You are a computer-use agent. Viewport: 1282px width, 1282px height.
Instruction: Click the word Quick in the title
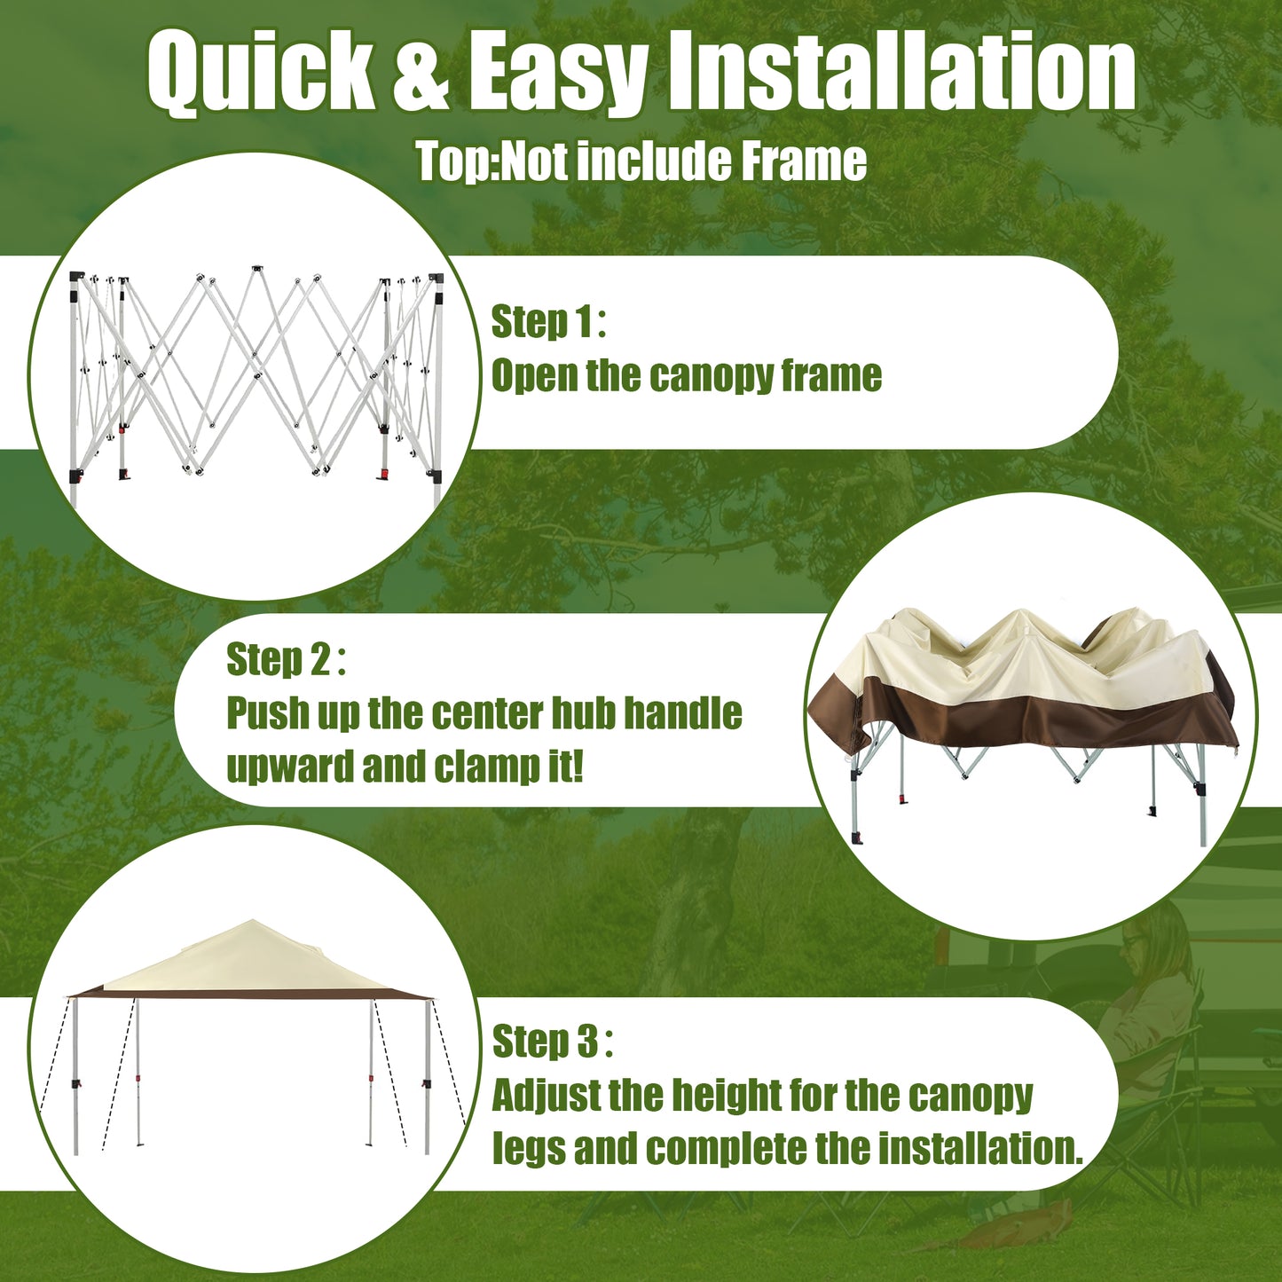pos(261,73)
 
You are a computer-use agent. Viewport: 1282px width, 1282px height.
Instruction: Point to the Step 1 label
pos(547,322)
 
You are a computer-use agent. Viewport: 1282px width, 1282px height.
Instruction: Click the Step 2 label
pos(285,660)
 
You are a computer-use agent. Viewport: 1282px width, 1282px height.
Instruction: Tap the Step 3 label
pos(551,1042)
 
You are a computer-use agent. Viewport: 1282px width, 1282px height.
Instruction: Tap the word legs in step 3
pos(529,1149)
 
